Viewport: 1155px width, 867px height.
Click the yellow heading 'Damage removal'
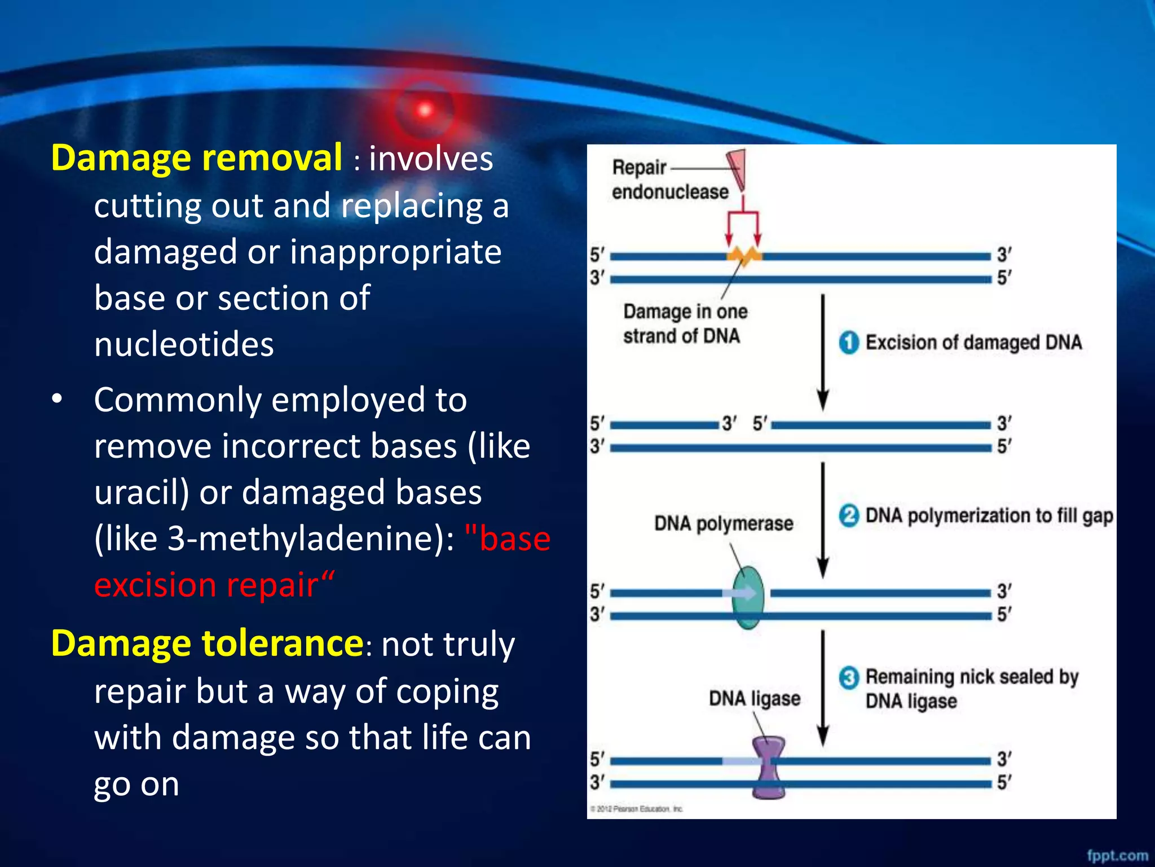pyautogui.click(x=196, y=158)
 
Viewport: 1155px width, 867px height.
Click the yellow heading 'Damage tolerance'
pyautogui.click(x=207, y=643)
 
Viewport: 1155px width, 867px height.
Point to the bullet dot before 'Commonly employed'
pyautogui.click(x=57, y=400)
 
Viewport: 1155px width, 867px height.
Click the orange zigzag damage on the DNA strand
pyautogui.click(x=744, y=256)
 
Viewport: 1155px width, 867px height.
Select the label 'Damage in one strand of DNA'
pyautogui.click(x=685, y=324)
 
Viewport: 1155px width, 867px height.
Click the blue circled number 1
pyautogui.click(x=849, y=343)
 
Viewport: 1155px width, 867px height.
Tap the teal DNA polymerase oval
pyautogui.click(x=748, y=598)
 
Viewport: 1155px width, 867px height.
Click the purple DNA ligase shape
pyautogui.click(x=768, y=768)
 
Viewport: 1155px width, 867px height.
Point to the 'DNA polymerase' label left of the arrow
pyautogui.click(x=724, y=524)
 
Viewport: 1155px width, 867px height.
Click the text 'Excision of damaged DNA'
pyautogui.click(x=973, y=343)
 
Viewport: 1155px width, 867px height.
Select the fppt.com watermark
pyautogui.click(x=1117, y=855)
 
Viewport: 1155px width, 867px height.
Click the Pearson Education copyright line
pyautogui.click(x=636, y=809)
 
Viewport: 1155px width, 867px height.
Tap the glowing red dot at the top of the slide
pyautogui.click(x=425, y=110)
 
